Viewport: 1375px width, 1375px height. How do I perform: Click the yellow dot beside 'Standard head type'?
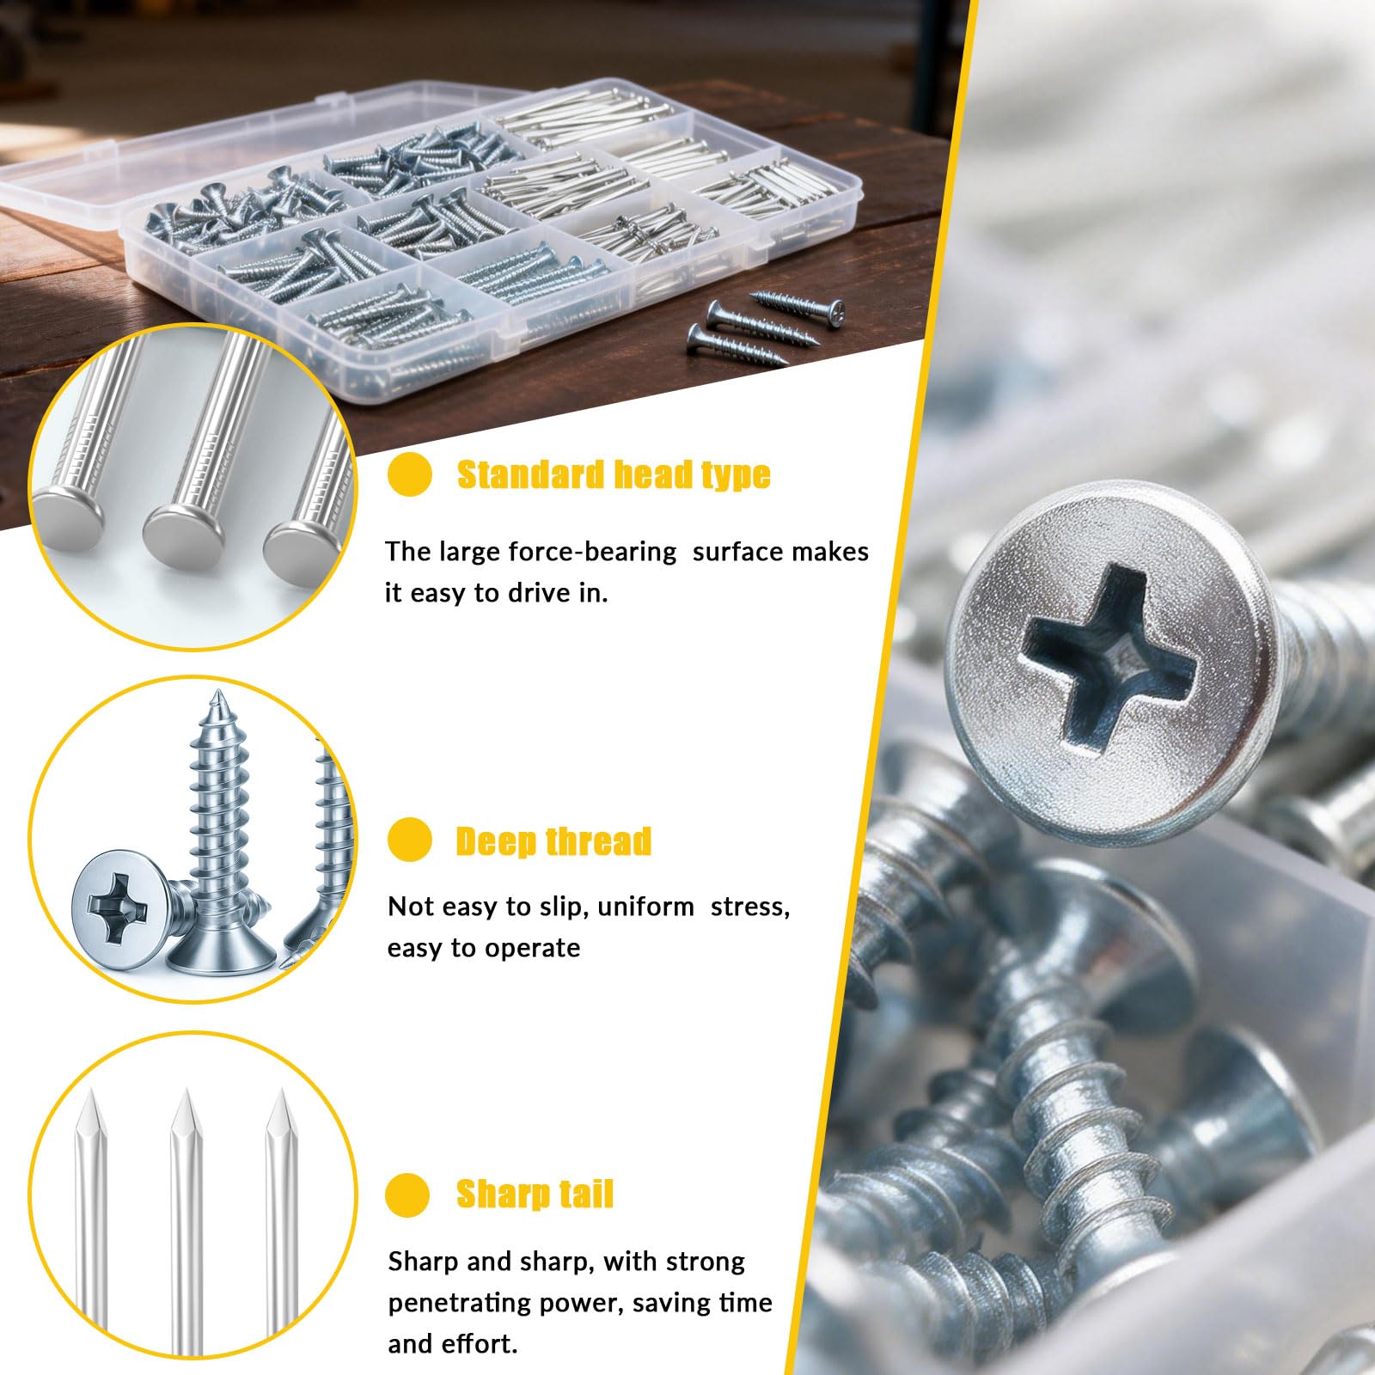409,474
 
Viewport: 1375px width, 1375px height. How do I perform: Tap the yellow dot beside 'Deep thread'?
409,840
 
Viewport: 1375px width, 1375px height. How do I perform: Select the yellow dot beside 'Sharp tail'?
407,1194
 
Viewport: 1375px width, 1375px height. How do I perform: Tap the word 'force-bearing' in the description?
592,552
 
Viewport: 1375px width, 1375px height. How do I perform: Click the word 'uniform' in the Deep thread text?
645,907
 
